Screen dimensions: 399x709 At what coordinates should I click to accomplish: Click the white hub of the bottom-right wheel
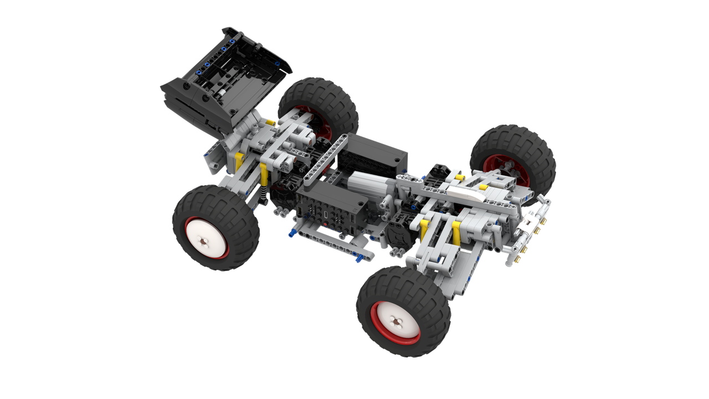coord(397,321)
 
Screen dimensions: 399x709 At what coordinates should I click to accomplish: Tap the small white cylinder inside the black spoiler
coord(222,95)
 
